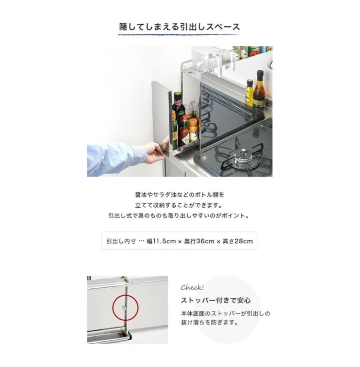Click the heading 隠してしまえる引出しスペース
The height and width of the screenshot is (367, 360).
click(x=180, y=27)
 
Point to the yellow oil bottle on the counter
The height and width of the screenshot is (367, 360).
click(x=250, y=93)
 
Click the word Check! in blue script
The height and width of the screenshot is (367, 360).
click(x=192, y=288)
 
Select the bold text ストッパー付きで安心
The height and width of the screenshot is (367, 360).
click(x=216, y=300)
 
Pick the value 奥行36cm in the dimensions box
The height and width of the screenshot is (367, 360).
click(x=199, y=241)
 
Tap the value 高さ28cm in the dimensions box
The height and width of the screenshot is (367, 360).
click(x=238, y=241)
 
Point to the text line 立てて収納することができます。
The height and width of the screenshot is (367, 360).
click(x=180, y=205)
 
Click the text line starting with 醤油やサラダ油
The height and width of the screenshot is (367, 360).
click(x=180, y=195)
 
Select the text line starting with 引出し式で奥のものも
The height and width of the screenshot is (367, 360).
click(x=180, y=216)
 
